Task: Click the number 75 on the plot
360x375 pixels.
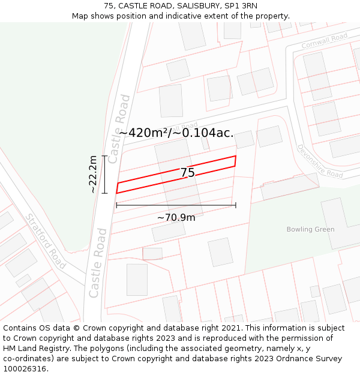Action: click(188, 173)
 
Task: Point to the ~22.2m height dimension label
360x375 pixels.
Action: click(93, 175)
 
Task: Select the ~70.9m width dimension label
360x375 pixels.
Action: click(176, 217)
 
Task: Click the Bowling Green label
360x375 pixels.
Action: click(310, 229)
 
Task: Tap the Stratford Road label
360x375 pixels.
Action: click(46, 241)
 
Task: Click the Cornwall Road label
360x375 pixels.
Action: click(325, 41)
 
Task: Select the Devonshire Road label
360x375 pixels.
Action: click(320, 161)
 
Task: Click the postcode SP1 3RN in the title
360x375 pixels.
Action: click(240, 5)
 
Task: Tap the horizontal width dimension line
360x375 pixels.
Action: click(176, 205)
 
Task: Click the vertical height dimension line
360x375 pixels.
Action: click(104, 175)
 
